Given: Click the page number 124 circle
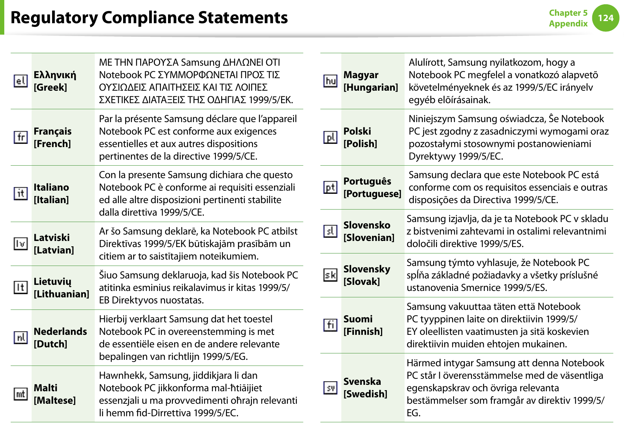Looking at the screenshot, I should coord(605,18).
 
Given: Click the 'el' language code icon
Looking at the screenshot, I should coord(21,81).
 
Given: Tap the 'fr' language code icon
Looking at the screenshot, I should coord(21,137).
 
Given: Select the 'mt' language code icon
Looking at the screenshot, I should coord(21,394).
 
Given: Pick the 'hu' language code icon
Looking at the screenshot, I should coord(330,81).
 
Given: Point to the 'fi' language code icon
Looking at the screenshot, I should coord(330,325).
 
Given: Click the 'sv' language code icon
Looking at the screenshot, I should coord(330,387).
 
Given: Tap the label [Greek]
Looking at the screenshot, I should coord(50,87).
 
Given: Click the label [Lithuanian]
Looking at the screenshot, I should coord(61,294).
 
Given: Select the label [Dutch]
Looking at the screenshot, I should coord(50,344).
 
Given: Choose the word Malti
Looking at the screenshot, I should coord(45,388).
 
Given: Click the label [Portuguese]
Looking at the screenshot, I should coord(372,194).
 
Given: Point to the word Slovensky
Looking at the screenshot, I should coord(367,269).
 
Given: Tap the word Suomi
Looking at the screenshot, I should coord(358,319).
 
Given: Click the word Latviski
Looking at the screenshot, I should coord(52,238).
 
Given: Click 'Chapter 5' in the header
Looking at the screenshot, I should coord(568,13).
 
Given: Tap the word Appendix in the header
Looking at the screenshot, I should coord(568,24).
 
